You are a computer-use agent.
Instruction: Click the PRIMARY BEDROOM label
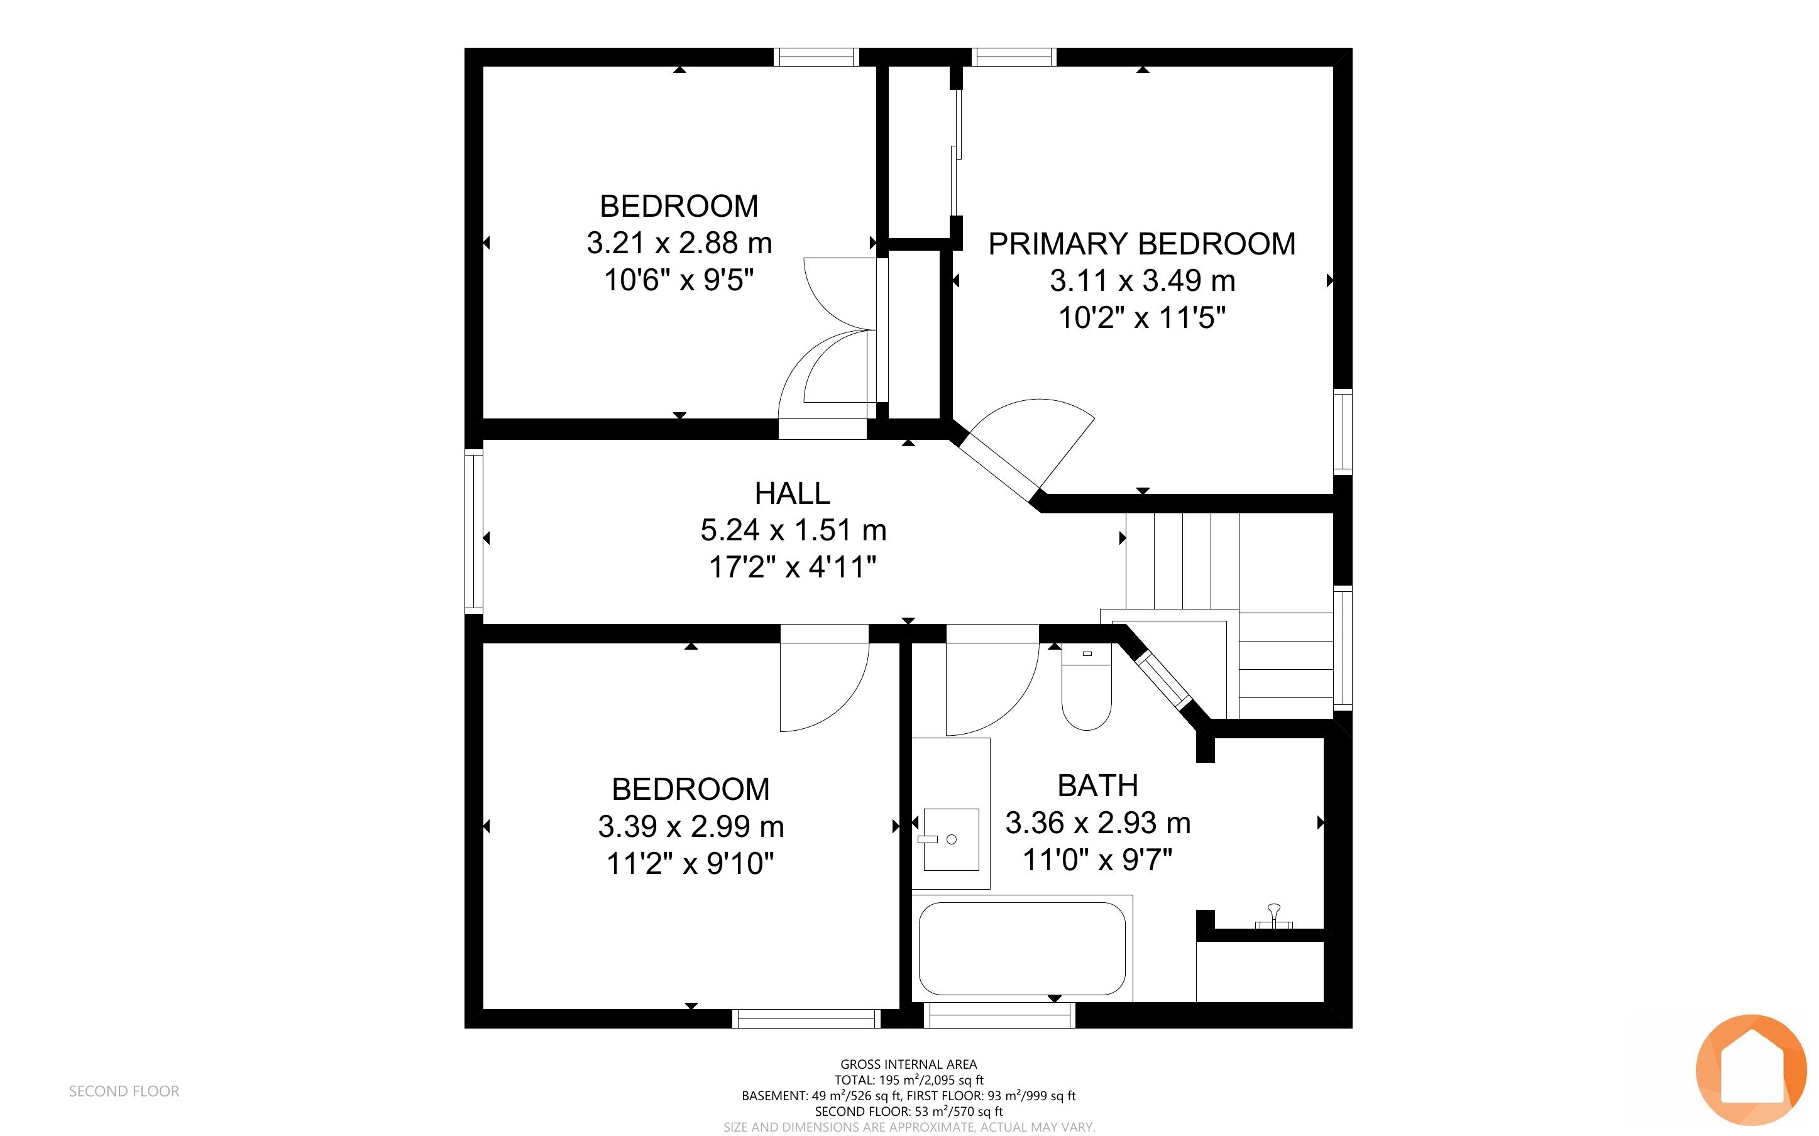coord(1141,244)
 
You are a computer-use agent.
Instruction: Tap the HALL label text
coord(793,494)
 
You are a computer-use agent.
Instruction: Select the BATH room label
coord(1097,786)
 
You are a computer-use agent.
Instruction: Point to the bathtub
coord(1022,948)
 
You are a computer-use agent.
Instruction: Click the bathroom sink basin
coord(951,839)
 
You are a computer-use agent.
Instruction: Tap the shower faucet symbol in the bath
coord(1273,917)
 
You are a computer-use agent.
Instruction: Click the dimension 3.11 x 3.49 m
coord(1142,281)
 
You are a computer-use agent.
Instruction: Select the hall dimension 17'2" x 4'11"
coord(793,567)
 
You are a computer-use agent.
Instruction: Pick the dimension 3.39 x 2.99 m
coord(691,826)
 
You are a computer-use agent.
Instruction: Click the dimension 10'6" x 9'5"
coord(679,280)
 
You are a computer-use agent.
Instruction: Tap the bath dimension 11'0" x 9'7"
coord(1097,860)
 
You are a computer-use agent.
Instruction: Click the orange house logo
coord(1751,1070)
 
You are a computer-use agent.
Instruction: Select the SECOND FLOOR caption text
coord(124,1091)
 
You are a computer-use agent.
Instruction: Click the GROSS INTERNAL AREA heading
coord(908,1064)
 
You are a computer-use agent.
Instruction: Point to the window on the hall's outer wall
coord(473,530)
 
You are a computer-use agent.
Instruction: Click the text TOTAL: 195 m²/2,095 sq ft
coord(908,1079)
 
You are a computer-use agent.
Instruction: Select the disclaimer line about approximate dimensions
coord(908,1127)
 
